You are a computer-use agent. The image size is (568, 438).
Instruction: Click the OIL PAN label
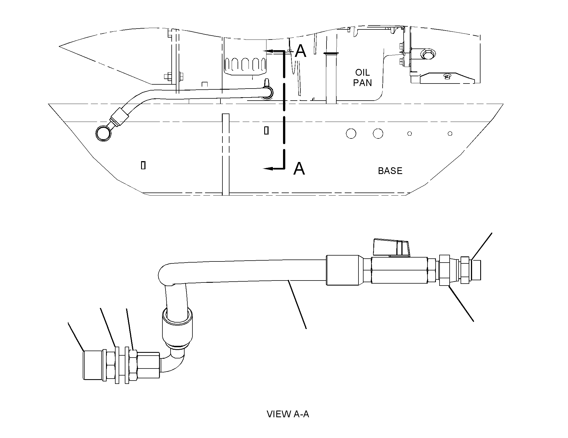point(362,78)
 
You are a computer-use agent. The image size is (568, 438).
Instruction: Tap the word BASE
point(390,171)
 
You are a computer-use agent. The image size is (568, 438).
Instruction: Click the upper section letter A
point(301,51)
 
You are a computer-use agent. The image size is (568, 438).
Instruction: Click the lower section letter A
point(299,169)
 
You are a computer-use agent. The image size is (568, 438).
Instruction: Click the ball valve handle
point(392,248)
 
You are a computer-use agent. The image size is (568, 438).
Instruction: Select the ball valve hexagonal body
point(399,271)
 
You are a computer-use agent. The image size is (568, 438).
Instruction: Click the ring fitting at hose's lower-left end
point(103,133)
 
